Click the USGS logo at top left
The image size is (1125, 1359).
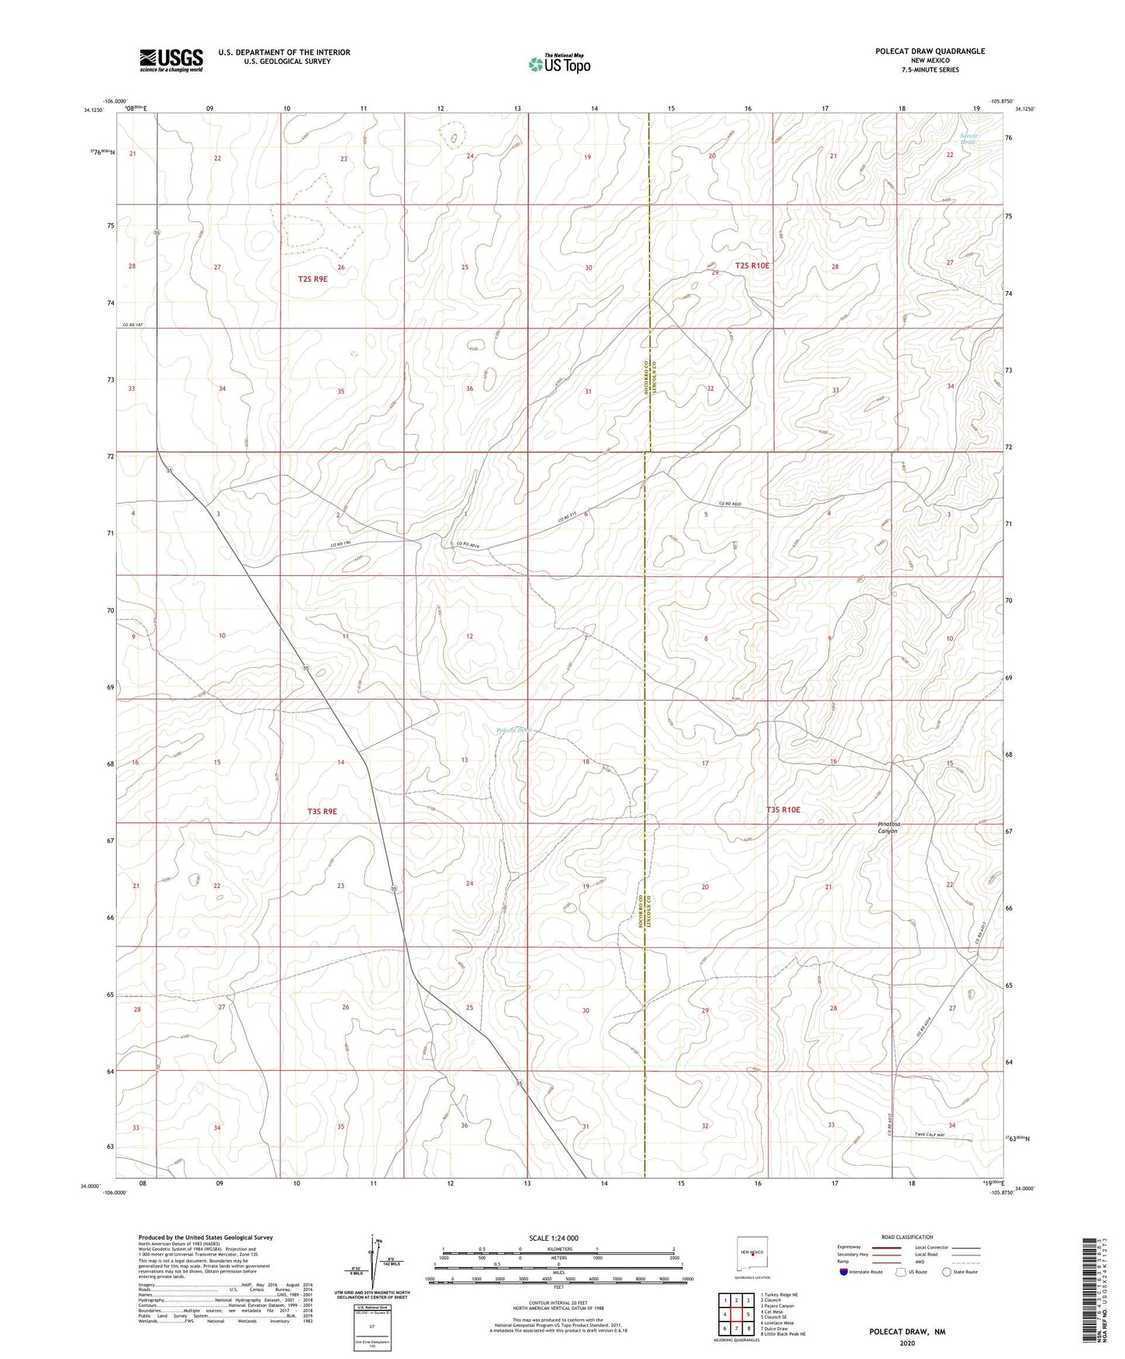click(x=171, y=60)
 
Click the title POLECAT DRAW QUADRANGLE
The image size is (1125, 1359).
click(x=930, y=51)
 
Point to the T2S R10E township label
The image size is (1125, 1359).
click(x=752, y=266)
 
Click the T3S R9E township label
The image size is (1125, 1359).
click(x=322, y=811)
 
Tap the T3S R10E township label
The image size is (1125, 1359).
click(x=783, y=809)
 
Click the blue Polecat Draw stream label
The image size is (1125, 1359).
click(x=514, y=730)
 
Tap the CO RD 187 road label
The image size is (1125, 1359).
click(x=133, y=325)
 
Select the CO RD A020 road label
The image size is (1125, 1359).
click(x=730, y=504)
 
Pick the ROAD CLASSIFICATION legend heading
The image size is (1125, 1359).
click(x=909, y=1237)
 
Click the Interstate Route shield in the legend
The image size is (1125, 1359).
click(x=844, y=1272)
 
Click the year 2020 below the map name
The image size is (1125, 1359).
click(x=907, y=1343)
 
